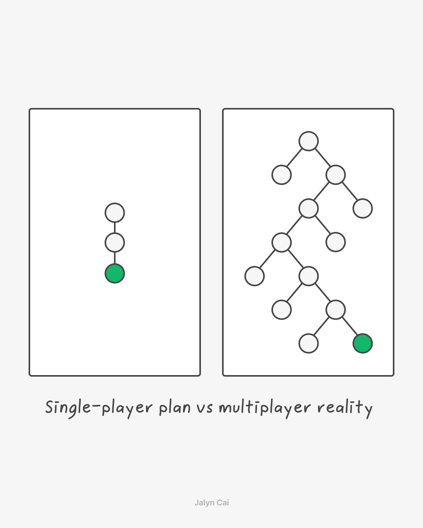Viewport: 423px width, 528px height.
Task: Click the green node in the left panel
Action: [115, 273]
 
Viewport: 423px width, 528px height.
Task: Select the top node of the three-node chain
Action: [115, 213]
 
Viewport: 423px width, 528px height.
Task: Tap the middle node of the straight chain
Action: [115, 242]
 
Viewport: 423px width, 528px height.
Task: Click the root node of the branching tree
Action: [309, 141]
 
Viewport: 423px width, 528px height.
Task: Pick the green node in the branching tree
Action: [363, 343]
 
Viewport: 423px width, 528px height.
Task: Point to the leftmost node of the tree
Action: [255, 276]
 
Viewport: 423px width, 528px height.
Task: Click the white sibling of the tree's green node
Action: [309, 343]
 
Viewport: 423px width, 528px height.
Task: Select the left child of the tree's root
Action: [282, 175]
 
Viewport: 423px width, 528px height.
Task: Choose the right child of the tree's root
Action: [336, 175]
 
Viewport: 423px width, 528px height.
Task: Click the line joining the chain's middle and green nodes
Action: [115, 258]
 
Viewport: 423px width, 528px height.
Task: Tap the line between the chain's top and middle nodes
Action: [115, 228]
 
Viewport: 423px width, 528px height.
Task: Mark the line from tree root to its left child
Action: [295, 158]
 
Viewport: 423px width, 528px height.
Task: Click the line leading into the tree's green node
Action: [349, 327]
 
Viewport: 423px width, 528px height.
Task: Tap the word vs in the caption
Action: [205, 408]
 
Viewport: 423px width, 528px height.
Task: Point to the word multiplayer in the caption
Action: [264, 408]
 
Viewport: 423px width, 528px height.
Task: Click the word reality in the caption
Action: [345, 408]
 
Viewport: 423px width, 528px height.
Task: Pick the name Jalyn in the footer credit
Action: [204, 503]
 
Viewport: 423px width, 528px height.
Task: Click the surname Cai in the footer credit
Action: [223, 503]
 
